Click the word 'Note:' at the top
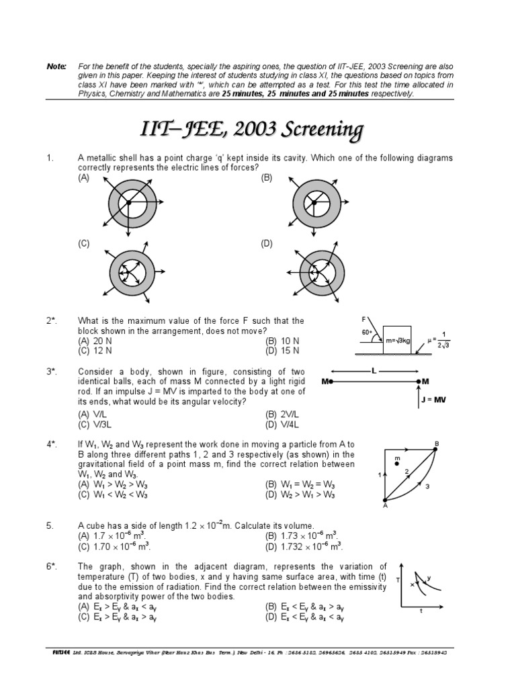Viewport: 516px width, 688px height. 56,67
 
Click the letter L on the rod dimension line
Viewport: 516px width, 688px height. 374,371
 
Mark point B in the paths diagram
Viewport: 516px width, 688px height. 436,444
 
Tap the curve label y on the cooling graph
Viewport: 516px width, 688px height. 429,577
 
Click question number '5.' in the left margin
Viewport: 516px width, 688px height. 50,525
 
